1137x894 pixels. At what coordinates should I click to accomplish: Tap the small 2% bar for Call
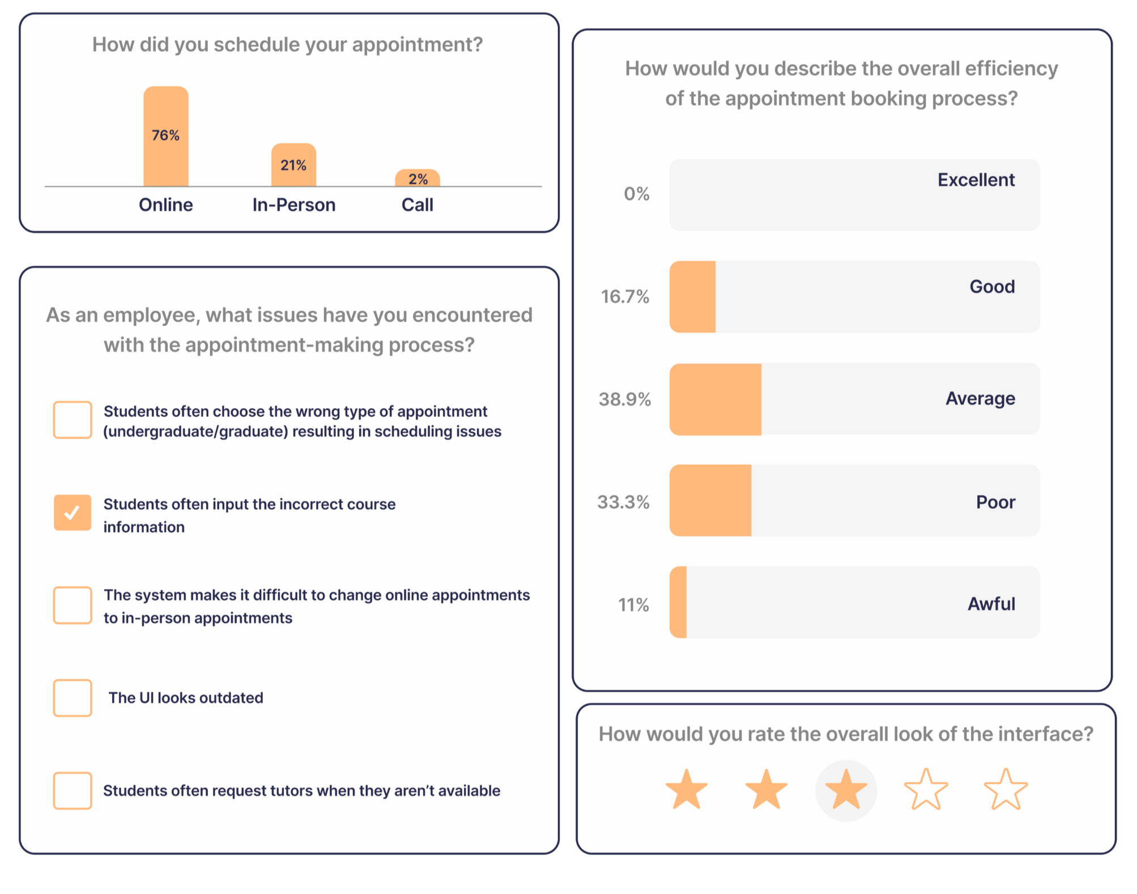pos(418,178)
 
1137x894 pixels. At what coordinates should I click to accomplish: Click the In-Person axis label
pos(293,205)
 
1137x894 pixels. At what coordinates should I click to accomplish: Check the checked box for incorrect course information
pos(73,513)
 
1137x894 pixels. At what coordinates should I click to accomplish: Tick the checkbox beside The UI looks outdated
pos(73,697)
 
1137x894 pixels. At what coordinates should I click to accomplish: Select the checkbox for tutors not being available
pos(73,790)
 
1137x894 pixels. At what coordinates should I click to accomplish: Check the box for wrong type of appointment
pos(73,420)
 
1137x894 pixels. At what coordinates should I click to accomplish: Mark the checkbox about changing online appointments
pos(73,605)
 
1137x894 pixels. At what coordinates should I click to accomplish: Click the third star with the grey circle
pos(846,790)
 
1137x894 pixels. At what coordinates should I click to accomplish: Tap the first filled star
pos(687,790)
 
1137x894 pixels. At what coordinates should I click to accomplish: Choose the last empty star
pos(1006,790)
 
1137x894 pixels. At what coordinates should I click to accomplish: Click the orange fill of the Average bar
pos(716,399)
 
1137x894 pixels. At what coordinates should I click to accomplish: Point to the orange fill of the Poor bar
pos(710,501)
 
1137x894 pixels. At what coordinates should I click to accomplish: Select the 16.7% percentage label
pos(625,296)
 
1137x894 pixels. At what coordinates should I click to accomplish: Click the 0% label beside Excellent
pos(636,194)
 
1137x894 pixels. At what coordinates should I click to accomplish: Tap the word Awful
pos(991,604)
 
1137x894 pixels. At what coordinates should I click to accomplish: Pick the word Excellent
pos(976,180)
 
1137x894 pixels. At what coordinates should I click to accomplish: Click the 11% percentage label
pos(633,604)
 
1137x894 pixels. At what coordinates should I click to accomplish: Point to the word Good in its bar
pos(992,287)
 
